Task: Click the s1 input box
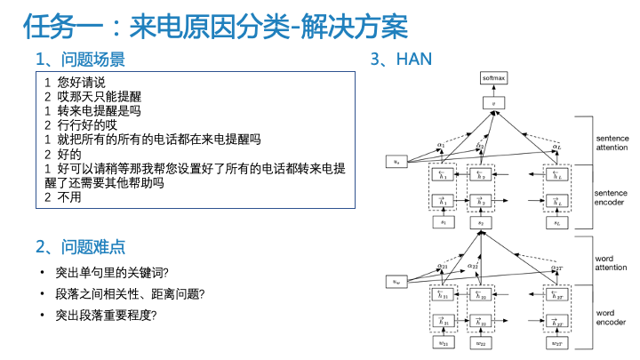pyautogui.click(x=443, y=222)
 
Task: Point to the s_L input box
pyautogui.click(x=556, y=222)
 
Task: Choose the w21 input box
pyautogui.click(x=443, y=342)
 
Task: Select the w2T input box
pyautogui.click(x=556, y=342)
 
